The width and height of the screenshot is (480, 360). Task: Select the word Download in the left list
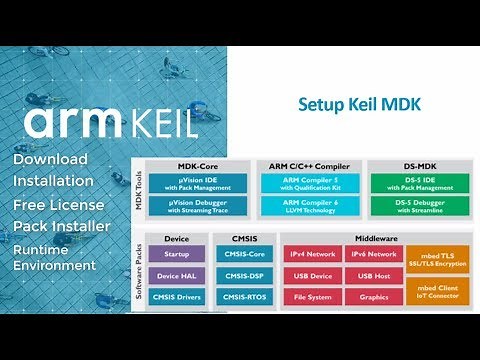coord(50,159)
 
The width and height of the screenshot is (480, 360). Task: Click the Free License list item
coord(61,204)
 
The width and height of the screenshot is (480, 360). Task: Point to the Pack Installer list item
coord(61,226)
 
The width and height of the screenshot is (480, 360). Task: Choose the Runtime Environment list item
coord(54,256)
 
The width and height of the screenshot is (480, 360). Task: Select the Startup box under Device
coord(176,254)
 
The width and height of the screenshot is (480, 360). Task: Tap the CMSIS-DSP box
coord(245,276)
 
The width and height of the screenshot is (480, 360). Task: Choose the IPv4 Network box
coord(310,254)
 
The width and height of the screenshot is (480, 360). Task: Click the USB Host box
coord(373,276)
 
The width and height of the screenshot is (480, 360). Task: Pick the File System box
coord(310,298)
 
